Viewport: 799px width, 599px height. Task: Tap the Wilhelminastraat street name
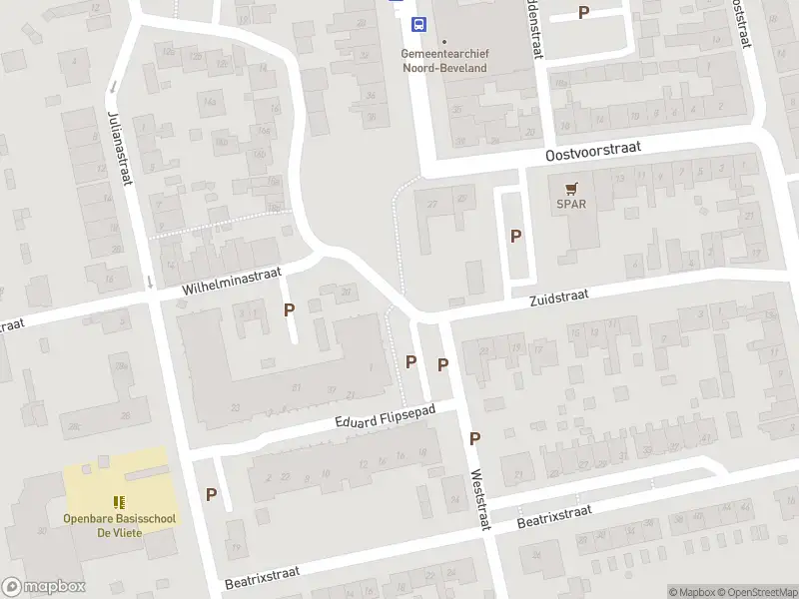pos(233,280)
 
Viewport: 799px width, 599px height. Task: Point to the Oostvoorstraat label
pos(591,152)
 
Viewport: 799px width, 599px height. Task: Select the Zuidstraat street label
pos(559,296)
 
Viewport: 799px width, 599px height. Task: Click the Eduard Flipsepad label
pos(385,420)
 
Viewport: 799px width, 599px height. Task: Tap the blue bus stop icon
pos(420,24)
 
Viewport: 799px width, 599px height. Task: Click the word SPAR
pos(571,205)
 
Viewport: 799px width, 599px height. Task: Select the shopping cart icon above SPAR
pos(571,188)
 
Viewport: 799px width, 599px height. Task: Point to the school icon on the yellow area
pos(119,502)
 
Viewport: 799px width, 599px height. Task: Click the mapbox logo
pos(44,586)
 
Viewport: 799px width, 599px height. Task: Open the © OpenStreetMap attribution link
pos(758,592)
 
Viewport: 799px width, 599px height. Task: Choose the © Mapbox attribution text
pos(692,592)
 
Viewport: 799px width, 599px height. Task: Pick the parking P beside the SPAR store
pos(515,237)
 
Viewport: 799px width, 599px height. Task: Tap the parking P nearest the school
pos(211,493)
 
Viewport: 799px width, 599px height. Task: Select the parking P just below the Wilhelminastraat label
pos(289,309)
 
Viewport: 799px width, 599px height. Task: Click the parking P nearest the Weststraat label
pos(474,438)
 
